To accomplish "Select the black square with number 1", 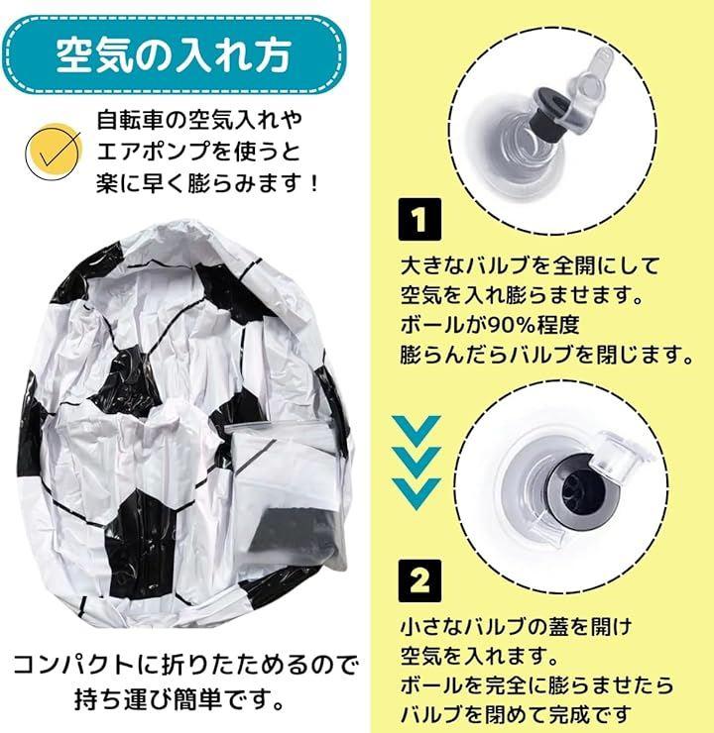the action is click(x=419, y=219).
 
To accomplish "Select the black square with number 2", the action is click(x=419, y=580).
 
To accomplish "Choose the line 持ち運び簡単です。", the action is click(x=179, y=699).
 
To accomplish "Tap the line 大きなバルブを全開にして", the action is click(x=530, y=265).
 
